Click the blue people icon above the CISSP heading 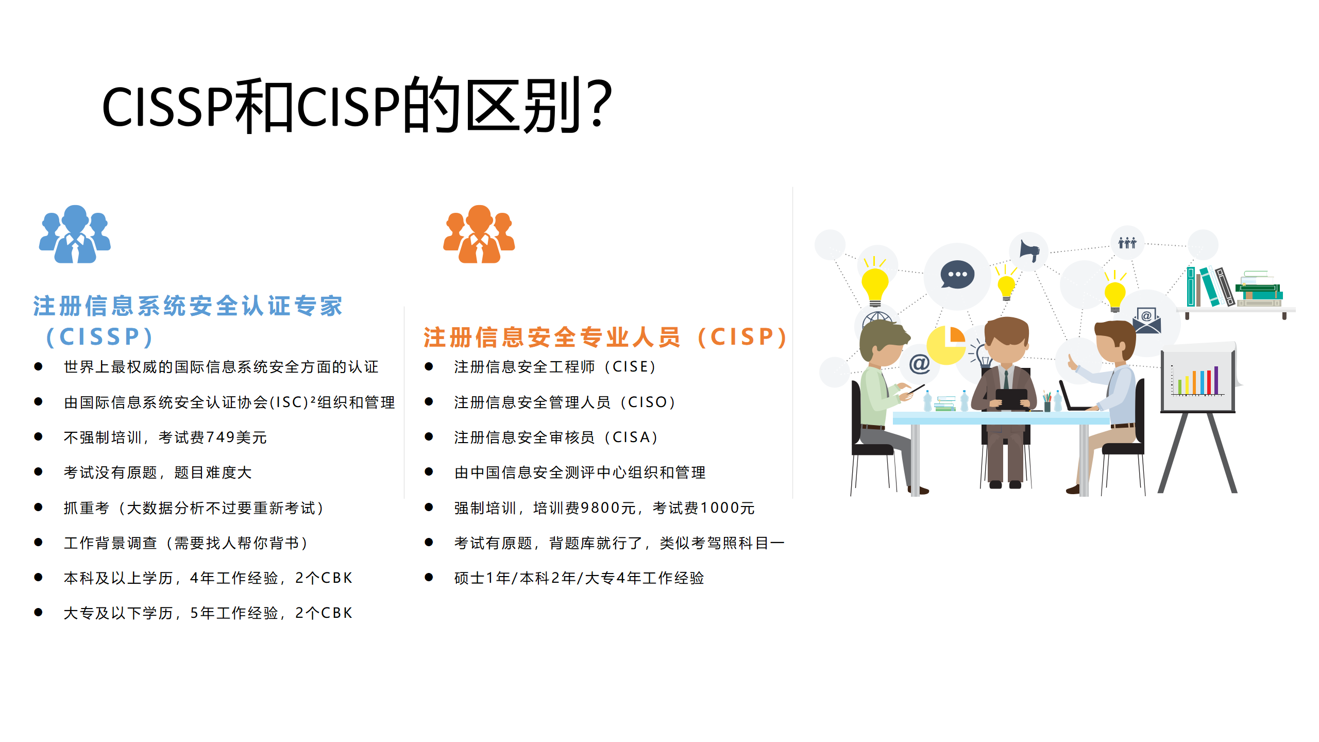point(75,235)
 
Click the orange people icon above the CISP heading point(479,235)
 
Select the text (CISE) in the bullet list point(631,367)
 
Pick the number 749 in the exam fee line point(220,437)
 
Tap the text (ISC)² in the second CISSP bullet point(292,402)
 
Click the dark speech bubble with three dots point(957,275)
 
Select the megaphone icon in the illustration point(1029,252)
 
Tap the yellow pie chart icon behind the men point(946,345)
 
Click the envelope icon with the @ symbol point(1146,321)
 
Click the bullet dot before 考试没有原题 point(38,472)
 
